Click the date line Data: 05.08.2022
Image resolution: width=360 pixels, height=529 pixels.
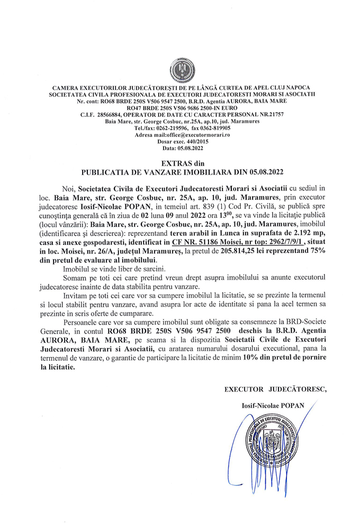(180, 149)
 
